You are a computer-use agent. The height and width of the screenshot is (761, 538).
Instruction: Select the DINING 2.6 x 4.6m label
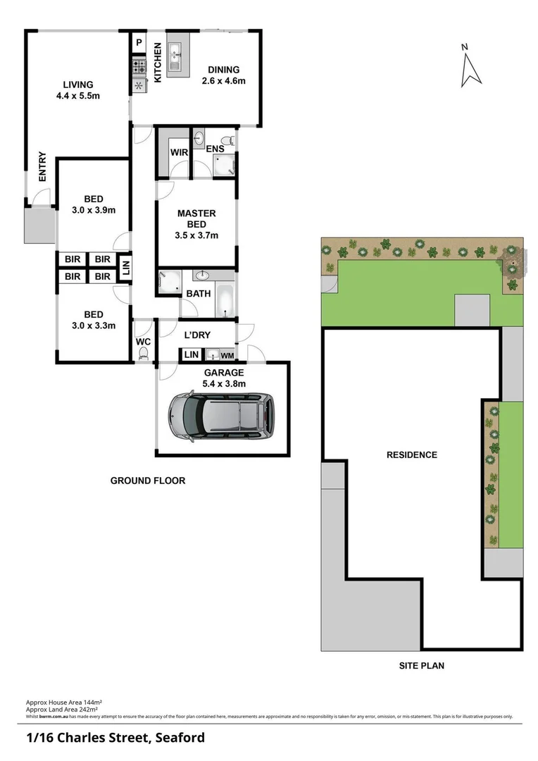click(223, 75)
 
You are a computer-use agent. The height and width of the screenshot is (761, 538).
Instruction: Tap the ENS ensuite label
click(215, 149)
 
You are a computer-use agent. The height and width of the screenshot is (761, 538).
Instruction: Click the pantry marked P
click(139, 43)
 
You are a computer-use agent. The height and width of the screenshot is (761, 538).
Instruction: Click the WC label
click(143, 342)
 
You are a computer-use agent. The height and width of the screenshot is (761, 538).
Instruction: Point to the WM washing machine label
click(227, 355)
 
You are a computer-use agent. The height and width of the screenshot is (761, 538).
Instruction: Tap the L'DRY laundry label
click(197, 335)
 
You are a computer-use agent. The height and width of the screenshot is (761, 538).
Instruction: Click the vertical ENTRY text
click(42, 167)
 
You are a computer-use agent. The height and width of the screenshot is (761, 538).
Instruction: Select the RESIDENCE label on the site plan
click(411, 455)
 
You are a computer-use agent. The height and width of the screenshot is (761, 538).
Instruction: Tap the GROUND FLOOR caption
click(148, 481)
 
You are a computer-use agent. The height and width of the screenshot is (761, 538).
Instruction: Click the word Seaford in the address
click(178, 738)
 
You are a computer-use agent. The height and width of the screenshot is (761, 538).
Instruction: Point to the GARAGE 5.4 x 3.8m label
click(224, 378)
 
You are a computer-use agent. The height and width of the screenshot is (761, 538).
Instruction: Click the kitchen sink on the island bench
click(175, 52)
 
